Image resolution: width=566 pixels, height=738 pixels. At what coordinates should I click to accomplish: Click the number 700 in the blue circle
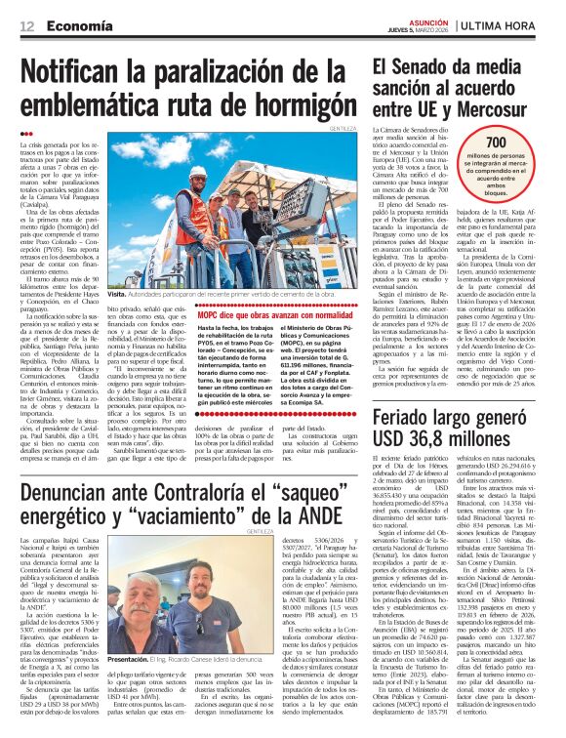click(495, 143)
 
